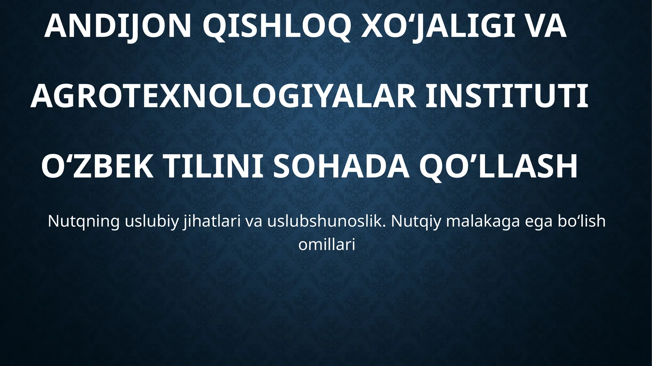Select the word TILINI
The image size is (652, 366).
213,167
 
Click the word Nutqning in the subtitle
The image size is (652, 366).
84,222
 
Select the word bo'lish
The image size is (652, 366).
582,222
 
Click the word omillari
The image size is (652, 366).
327,245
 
